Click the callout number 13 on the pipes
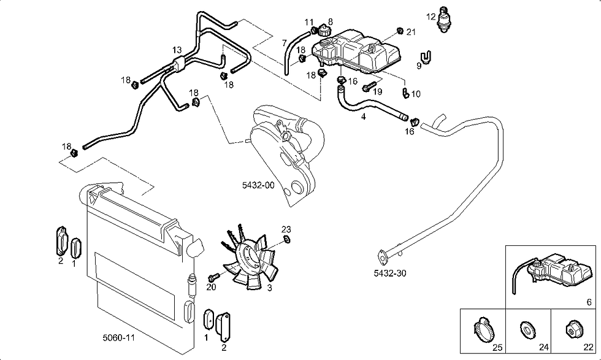tap(177, 50)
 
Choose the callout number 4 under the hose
tap(364, 116)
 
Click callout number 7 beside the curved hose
tap(284, 43)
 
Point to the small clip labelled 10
tap(405, 93)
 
